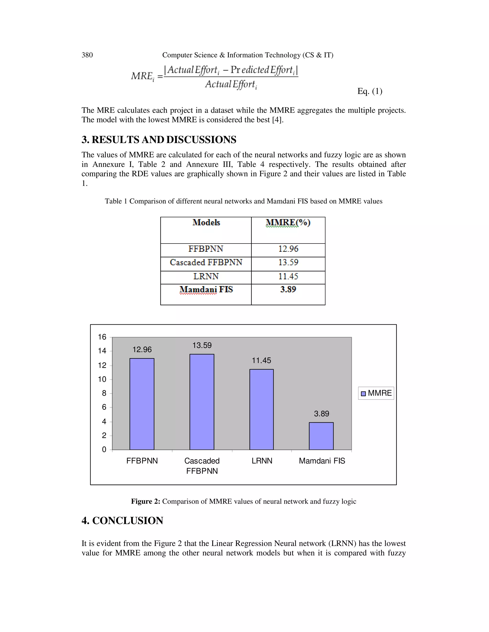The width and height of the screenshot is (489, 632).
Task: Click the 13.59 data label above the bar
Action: coord(202,345)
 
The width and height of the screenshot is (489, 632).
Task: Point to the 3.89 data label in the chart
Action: coord(321,414)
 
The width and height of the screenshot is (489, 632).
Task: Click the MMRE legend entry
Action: coord(376,393)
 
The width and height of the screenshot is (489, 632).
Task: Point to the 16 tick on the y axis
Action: coord(102,337)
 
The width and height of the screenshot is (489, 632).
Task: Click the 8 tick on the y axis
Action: coord(104,393)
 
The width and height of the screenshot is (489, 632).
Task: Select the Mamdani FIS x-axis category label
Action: coord(322,461)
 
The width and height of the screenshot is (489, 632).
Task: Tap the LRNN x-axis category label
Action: coord(262,461)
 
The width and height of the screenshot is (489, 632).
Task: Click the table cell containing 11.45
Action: coord(288,276)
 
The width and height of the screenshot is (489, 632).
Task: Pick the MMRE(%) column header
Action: coord(288,223)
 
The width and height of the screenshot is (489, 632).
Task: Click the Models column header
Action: coord(206,223)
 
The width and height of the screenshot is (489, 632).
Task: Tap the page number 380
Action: coord(87,55)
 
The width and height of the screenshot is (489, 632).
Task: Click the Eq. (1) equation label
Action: coord(370,91)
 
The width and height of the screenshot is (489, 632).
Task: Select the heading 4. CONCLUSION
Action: coord(122,521)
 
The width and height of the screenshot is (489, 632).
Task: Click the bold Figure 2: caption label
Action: coord(145,501)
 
